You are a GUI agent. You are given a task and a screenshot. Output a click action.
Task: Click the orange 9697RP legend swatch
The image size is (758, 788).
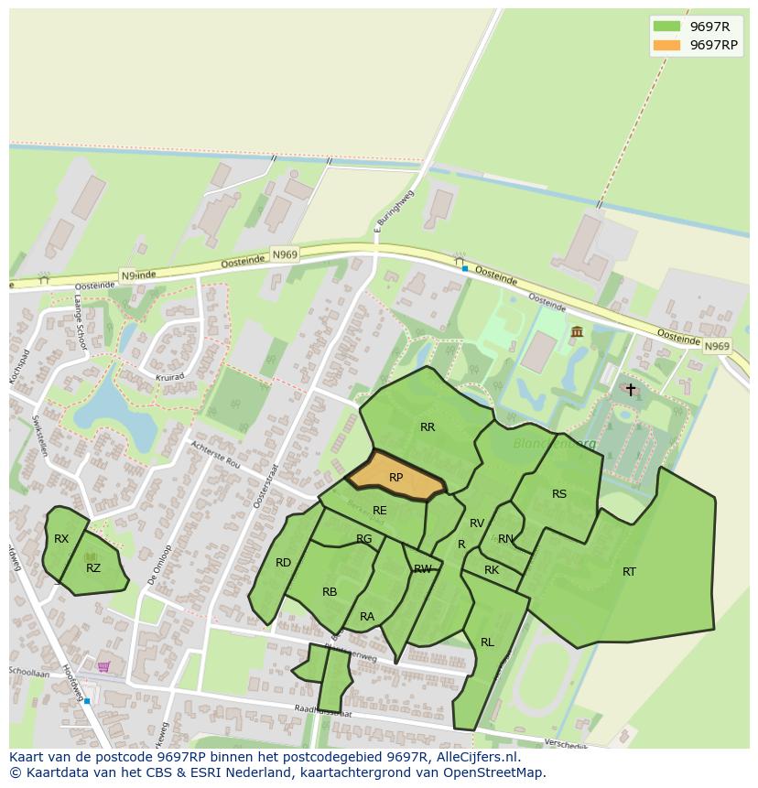[x=667, y=45]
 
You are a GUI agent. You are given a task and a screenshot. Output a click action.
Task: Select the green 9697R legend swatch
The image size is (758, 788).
[x=667, y=27]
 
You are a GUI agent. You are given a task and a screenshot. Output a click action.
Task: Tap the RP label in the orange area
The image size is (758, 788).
[x=395, y=478]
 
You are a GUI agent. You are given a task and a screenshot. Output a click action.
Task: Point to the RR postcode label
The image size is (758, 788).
[x=428, y=427]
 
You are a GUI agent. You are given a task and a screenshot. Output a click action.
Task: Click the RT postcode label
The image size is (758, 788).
[x=629, y=572]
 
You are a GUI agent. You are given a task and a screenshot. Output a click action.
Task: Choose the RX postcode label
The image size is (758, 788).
[x=61, y=539]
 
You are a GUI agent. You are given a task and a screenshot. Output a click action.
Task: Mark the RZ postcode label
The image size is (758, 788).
[x=93, y=568]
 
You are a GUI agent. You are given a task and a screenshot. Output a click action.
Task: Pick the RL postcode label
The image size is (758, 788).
[x=487, y=642]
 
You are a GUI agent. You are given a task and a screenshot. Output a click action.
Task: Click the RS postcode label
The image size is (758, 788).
[x=559, y=494]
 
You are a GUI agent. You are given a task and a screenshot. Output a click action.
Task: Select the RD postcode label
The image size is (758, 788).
[x=283, y=563]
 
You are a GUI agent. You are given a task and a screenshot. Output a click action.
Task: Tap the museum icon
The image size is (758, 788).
[x=577, y=331]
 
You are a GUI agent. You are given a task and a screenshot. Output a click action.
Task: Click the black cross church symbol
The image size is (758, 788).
[x=630, y=389]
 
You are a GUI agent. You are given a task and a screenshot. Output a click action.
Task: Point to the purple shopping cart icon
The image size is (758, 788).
[x=103, y=666]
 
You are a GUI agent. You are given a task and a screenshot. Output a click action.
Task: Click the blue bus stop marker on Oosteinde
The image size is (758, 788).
[x=465, y=268]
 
